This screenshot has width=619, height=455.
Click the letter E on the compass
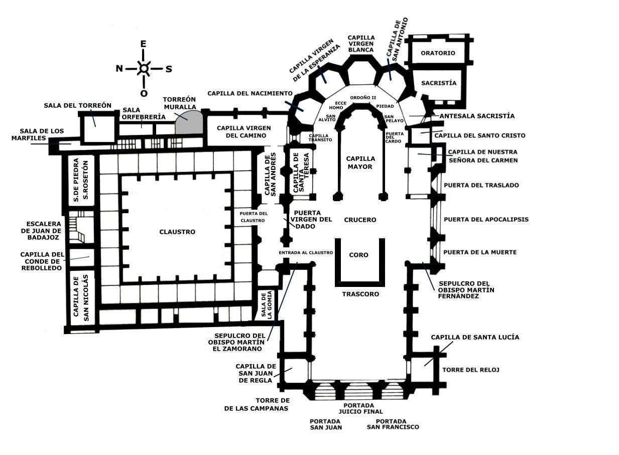(x=144, y=44)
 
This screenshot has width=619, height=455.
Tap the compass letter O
(x=144, y=93)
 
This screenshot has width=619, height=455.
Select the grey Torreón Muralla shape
(x=189, y=122)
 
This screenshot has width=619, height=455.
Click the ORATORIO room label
(x=438, y=53)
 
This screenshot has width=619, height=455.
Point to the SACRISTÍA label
(x=439, y=83)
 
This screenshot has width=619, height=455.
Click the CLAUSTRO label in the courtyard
(x=177, y=232)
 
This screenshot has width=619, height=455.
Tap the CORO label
(x=358, y=255)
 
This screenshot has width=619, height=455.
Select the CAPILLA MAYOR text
(x=360, y=163)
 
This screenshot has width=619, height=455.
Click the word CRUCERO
(x=360, y=220)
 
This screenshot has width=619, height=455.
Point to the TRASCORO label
(x=360, y=294)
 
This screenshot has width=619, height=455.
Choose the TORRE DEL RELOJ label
(x=470, y=370)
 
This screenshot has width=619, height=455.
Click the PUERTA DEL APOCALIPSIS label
(x=486, y=219)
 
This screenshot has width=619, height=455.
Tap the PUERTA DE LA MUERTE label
(x=480, y=252)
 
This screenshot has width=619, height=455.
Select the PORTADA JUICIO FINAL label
(x=358, y=408)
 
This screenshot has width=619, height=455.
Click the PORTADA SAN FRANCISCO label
(x=393, y=424)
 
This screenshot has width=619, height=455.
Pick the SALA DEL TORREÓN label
(x=77, y=105)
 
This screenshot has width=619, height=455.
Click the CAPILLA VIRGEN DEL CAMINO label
(x=241, y=131)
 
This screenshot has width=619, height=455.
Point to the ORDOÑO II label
(x=363, y=97)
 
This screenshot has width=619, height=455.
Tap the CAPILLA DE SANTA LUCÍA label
(x=475, y=337)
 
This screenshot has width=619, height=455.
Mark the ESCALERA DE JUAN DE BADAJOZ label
(x=44, y=231)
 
